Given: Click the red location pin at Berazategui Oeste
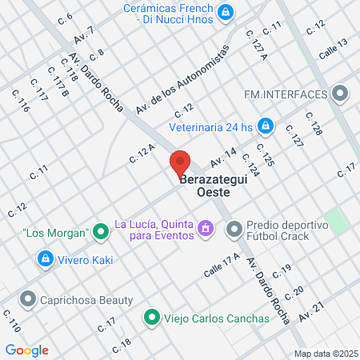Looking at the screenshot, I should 180,163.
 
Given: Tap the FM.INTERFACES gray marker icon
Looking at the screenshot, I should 342,94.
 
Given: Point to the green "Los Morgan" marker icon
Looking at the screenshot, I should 101,233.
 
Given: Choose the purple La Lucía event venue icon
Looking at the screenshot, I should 206,230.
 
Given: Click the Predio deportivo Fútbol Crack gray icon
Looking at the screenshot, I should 234,230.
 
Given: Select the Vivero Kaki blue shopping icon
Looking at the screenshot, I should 45,259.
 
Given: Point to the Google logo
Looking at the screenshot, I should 26,350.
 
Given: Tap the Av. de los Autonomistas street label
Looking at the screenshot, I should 182,78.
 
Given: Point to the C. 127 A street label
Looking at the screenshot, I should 256,42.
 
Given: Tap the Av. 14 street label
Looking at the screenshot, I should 224,154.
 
